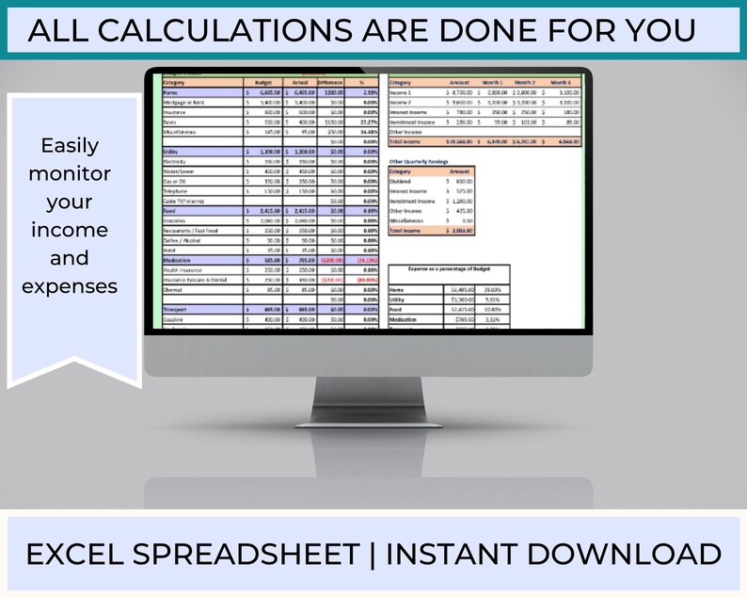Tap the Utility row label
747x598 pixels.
173,151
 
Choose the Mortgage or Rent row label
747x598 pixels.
186,103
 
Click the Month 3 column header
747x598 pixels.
563,82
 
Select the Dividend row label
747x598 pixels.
402,181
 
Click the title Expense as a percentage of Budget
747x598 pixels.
449,268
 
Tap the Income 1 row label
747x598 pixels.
403,92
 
